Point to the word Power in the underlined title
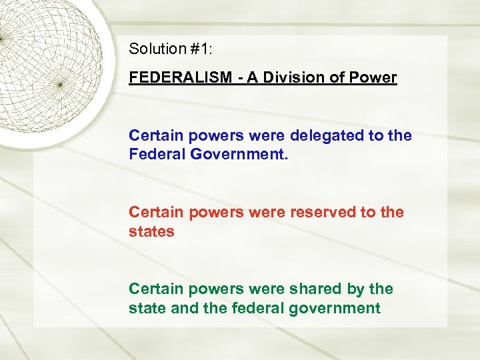coord(375,77)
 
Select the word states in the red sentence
coord(151,231)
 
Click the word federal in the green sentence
coord(279,308)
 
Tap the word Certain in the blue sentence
coord(155,135)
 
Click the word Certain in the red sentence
coord(155,212)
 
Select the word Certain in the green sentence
coord(155,289)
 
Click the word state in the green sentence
coord(147,308)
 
